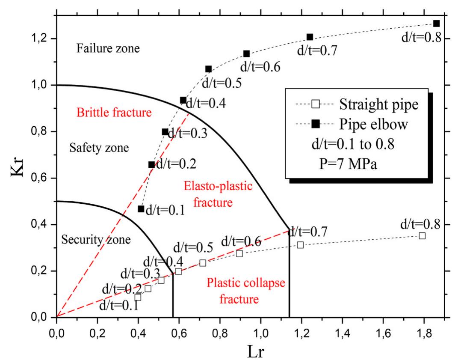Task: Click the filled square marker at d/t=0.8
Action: pyautogui.click(x=436, y=24)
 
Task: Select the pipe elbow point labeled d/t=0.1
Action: pyautogui.click(x=141, y=209)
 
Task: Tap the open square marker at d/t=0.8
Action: pyautogui.click(x=422, y=236)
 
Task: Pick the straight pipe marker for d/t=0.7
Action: pyautogui.click(x=300, y=245)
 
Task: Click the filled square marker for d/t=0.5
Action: pyautogui.click(x=208, y=69)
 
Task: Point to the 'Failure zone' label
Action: pyautogui.click(x=108, y=49)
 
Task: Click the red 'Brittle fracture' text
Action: pyautogui.click(x=114, y=113)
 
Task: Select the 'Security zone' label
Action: pyautogui.click(x=95, y=240)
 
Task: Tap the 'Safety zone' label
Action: pyautogui.click(x=99, y=148)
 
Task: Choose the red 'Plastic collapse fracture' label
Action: pyautogui.click(x=239, y=290)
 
